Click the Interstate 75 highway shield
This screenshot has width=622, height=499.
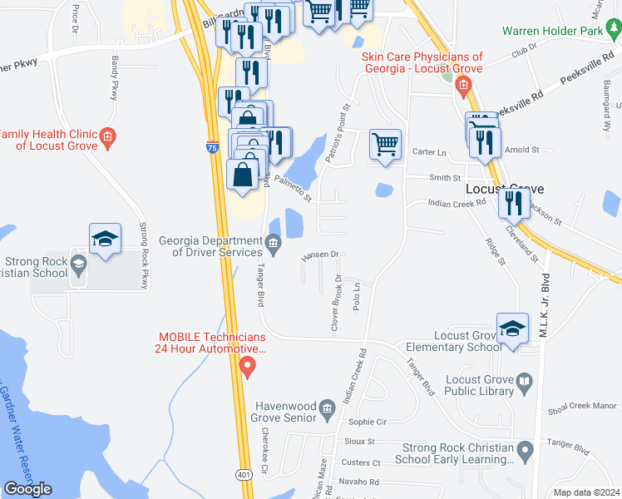[212, 148]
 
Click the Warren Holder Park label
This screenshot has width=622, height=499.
[551, 32]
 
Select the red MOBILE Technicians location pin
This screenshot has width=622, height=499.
[246, 366]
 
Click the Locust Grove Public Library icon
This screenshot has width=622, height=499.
[524, 383]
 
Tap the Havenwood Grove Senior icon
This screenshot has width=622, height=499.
[327, 407]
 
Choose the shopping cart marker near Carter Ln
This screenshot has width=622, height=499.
[385, 144]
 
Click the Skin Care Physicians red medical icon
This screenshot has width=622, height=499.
[464, 85]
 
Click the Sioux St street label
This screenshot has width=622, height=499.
[360, 442]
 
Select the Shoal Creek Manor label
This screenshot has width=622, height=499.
[584, 408]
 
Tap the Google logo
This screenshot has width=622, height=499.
[27, 488]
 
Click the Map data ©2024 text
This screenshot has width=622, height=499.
[585, 492]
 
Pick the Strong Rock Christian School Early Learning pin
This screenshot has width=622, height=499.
[524, 452]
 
